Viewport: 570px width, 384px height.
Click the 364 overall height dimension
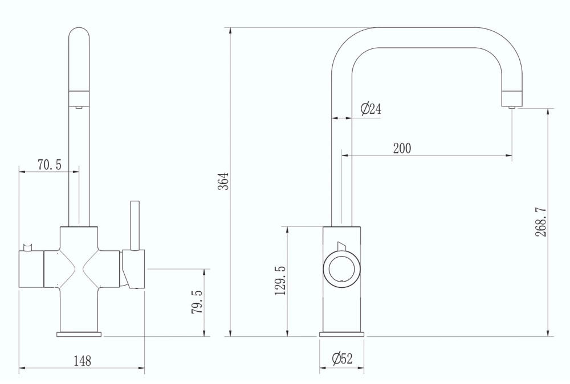pyautogui.click(x=225, y=181)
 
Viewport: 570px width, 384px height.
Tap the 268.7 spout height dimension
pyautogui.click(x=540, y=222)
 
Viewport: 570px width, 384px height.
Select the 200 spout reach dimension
pyautogui.click(x=402, y=148)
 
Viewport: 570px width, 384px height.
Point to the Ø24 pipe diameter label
pyautogui.click(x=371, y=109)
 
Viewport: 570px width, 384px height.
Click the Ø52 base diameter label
pyautogui.click(x=342, y=358)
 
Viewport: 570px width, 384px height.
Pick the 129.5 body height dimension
pyautogui.click(x=280, y=280)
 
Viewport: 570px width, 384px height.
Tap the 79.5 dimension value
pyautogui.click(x=197, y=302)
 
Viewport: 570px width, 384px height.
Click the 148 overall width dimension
pyautogui.click(x=83, y=361)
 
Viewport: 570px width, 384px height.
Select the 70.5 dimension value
pyautogui.click(x=50, y=165)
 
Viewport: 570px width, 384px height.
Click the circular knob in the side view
pyautogui.click(x=341, y=269)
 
